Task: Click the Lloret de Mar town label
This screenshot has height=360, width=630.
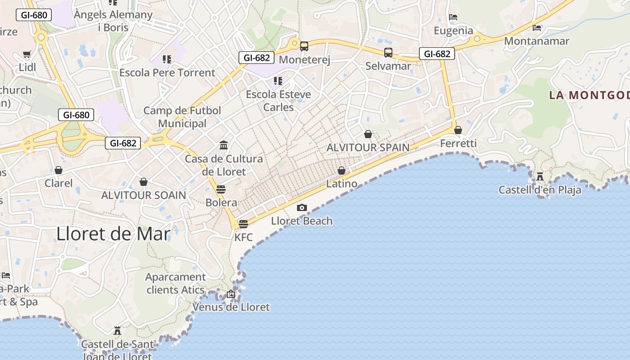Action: coord(113,234)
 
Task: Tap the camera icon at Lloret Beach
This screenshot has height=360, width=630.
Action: coord(302,207)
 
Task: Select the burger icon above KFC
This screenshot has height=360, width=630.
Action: coord(243,224)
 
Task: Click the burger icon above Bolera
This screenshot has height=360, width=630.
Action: coord(220,189)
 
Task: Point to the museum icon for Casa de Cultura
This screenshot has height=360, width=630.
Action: coord(224,145)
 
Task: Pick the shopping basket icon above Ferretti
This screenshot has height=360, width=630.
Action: coord(458,130)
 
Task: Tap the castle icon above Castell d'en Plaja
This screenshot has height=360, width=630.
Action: coord(540,176)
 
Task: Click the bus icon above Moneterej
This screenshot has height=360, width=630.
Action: coord(304,46)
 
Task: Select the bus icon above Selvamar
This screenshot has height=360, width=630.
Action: coord(388,52)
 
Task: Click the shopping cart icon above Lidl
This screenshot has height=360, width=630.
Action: coord(27,54)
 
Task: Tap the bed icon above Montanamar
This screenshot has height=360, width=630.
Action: coord(537,27)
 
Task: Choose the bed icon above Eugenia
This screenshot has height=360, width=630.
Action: coord(453,17)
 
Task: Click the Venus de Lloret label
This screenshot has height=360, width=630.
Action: coord(231,307)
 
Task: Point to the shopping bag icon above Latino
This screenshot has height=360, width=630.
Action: coord(342,171)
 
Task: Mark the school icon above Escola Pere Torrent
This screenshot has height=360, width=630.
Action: coord(167,59)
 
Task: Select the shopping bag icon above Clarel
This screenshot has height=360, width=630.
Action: coord(58,170)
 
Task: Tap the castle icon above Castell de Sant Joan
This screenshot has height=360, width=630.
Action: coord(117,331)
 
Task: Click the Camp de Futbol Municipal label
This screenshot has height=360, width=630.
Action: coord(182,117)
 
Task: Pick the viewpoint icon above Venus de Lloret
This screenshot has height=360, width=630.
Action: coord(231,294)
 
